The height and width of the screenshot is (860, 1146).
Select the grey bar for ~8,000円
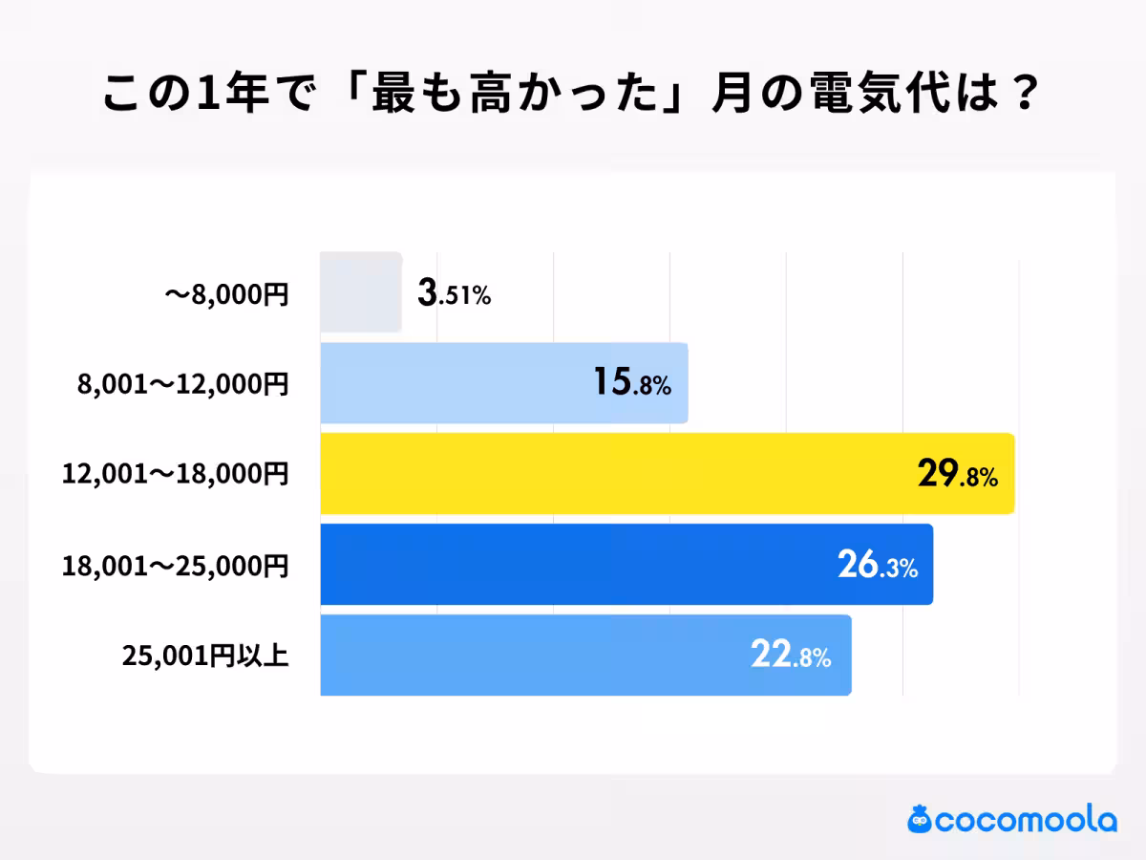(x=361, y=292)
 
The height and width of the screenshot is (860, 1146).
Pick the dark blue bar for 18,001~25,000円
(x=573, y=565)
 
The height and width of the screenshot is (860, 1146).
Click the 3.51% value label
(x=454, y=294)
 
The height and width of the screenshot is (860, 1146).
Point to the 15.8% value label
(x=631, y=384)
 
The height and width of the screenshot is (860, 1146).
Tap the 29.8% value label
(x=958, y=476)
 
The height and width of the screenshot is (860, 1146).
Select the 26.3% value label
(x=878, y=567)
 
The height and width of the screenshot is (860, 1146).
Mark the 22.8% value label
(x=790, y=657)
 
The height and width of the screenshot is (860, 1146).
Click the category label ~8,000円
(x=226, y=294)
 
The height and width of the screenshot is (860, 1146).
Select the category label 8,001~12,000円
(x=182, y=384)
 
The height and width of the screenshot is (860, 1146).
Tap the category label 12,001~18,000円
(x=175, y=475)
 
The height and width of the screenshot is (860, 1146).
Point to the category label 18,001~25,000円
(x=175, y=566)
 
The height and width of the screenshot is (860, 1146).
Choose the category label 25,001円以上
(x=205, y=656)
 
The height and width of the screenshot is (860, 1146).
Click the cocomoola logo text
(x=1026, y=820)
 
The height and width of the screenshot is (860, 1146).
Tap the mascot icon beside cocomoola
(x=920, y=819)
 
